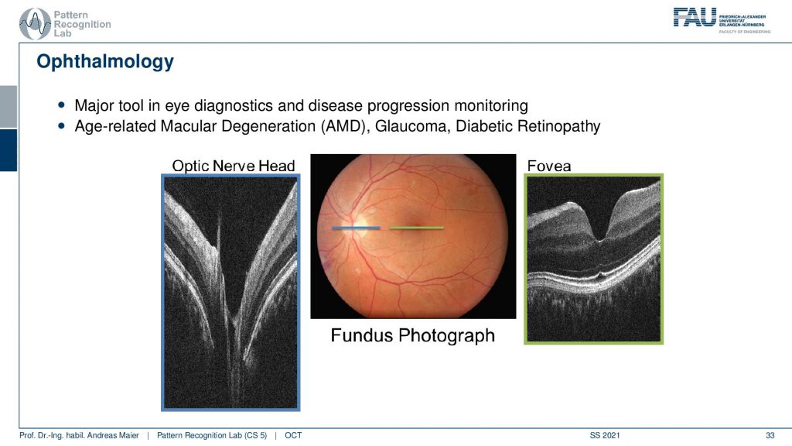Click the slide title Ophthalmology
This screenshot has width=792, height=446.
pos(105,62)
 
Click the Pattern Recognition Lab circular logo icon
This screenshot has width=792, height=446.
pos(34,24)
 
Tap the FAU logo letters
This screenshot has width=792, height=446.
pos(695,17)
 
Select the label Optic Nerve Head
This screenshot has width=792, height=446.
pos(234,166)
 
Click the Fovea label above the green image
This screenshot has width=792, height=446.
pos(549,166)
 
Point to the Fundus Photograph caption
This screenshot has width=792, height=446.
pos(413,335)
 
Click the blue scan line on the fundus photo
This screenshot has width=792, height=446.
pos(356,228)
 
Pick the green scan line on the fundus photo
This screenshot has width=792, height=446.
pos(417,228)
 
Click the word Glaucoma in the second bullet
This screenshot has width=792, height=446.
pos(412,126)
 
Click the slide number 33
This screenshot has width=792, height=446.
pos(770,435)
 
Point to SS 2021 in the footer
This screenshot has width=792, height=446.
pos(605,435)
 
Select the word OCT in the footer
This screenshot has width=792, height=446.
pos(293,435)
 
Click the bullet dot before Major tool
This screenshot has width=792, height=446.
pos(62,105)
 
